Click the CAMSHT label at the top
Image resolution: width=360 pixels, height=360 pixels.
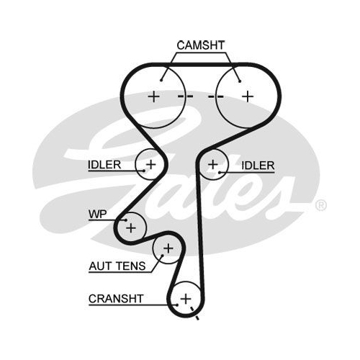pyautogui.click(x=201, y=45)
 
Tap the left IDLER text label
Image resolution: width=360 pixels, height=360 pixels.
pyautogui.click(x=104, y=165)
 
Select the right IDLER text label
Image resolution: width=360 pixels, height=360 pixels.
pyautogui.click(x=258, y=166)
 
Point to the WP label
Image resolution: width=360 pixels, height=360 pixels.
pyautogui.click(x=97, y=214)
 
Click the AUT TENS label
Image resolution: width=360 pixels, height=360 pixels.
pyautogui.click(x=117, y=266)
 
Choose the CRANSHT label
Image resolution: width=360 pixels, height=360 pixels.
pyautogui.click(x=116, y=299)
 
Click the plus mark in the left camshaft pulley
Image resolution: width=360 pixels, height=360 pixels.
pyautogui.click(x=153, y=96)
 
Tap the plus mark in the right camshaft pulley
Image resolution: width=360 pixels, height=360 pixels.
pyautogui.click(x=248, y=96)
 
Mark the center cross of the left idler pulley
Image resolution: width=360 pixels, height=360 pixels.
pyautogui.click(x=151, y=164)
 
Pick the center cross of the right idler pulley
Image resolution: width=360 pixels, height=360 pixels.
pyautogui.click(x=213, y=165)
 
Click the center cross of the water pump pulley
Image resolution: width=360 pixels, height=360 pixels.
pyautogui.click(x=131, y=228)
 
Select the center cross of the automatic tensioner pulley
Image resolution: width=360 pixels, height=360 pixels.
pyautogui.click(x=168, y=248)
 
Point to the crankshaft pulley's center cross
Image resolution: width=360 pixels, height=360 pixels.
pyautogui.click(x=186, y=299)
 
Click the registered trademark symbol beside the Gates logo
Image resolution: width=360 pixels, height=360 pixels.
pyautogui.click(x=320, y=206)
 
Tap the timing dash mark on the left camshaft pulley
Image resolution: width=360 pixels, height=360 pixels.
pyautogui.click(x=185, y=96)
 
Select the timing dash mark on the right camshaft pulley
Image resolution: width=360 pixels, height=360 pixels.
pyautogui.click(x=215, y=96)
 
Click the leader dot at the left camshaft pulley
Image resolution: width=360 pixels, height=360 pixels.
pyautogui.click(x=161, y=81)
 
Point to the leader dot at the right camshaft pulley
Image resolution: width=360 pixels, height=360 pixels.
pyautogui.click(x=240, y=81)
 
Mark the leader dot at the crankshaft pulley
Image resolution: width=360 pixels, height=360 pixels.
pyautogui.click(x=177, y=305)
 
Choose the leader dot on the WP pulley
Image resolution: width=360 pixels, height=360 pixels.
pyautogui.click(x=125, y=220)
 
